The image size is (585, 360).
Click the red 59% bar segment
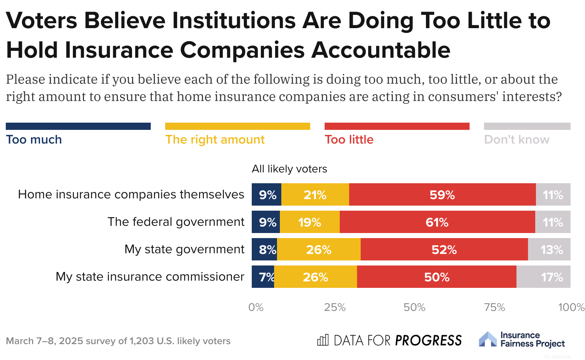pyautogui.click(x=442, y=195)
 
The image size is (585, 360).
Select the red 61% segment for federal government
pyautogui.click(x=437, y=222)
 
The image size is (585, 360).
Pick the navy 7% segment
pyautogui.click(x=263, y=277)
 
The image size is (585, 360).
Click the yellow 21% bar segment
pyautogui.click(x=315, y=195)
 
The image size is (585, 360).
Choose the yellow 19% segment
pyautogui.click(x=309, y=222)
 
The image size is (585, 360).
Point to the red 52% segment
pyautogui.click(x=444, y=250)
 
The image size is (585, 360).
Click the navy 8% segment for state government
pyautogui.click(x=264, y=250)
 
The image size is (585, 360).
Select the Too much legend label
pyautogui.click(x=34, y=140)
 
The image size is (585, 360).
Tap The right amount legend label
pyautogui.click(x=215, y=140)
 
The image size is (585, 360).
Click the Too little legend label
pyautogui.click(x=349, y=140)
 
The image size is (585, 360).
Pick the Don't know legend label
pyautogui.click(x=516, y=140)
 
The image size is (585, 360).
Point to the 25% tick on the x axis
pyautogui.click(x=335, y=307)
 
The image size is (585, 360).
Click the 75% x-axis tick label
pyautogui.click(x=494, y=307)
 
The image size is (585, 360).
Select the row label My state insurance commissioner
pyautogui.click(x=150, y=277)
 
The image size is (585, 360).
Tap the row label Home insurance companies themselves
pyautogui.click(x=131, y=194)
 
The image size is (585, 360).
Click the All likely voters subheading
pyautogui.click(x=289, y=169)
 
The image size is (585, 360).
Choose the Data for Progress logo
pyautogui.click(x=389, y=340)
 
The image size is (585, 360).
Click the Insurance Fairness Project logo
pyautogui.click(x=522, y=339)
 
